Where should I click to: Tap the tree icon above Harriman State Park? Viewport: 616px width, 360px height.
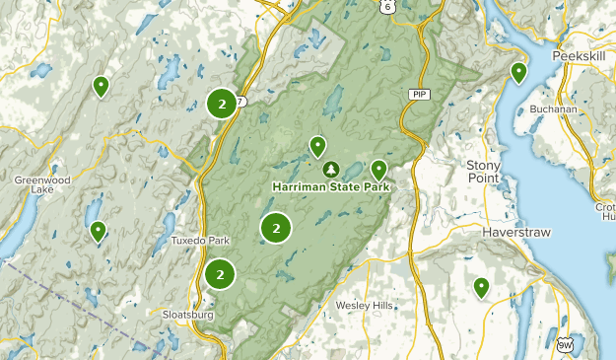[x=330, y=170]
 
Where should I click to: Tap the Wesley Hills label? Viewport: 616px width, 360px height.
[x=365, y=306]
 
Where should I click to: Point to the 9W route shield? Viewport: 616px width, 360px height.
[x=565, y=345]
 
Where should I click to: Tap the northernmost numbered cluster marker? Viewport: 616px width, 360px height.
[x=223, y=103]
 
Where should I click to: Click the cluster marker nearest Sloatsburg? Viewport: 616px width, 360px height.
[x=220, y=274]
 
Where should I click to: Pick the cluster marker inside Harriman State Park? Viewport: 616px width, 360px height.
[x=276, y=228]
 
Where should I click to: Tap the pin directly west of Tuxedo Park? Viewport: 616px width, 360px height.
[x=98, y=232]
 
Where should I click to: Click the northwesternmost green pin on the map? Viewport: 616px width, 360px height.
[x=101, y=87]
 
